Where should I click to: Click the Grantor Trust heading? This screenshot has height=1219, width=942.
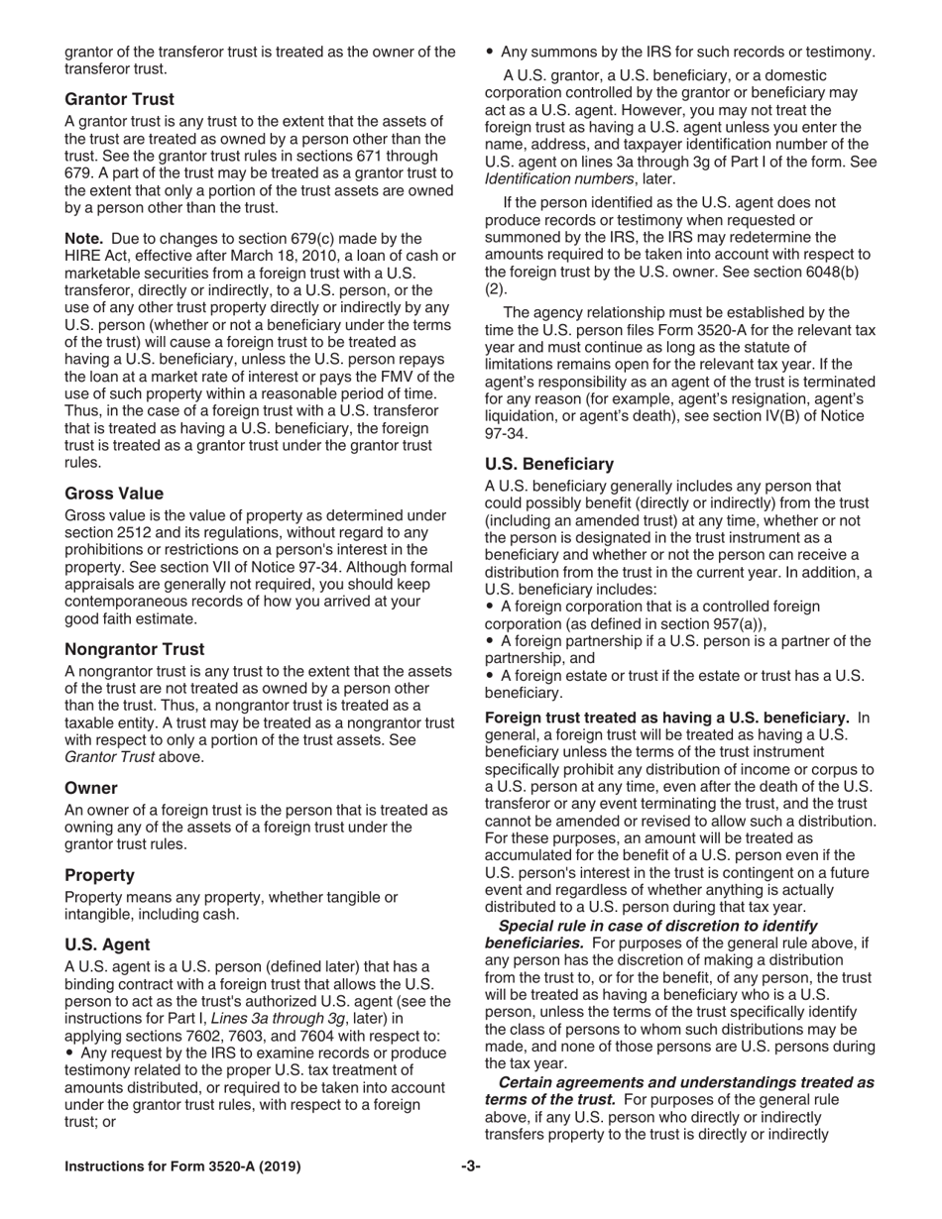119,99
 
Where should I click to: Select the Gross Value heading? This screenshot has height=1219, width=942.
114,494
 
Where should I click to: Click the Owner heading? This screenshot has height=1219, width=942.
91,788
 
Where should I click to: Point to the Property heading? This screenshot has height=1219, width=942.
99,875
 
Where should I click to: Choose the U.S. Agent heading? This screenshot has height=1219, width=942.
107,944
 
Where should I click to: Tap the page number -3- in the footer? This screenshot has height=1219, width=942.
471,1166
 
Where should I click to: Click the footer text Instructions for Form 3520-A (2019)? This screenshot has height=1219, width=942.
182,1166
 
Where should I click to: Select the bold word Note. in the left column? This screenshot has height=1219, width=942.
84,238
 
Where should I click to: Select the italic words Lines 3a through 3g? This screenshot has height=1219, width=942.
278,1019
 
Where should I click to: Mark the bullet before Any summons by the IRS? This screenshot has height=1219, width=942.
490,52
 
